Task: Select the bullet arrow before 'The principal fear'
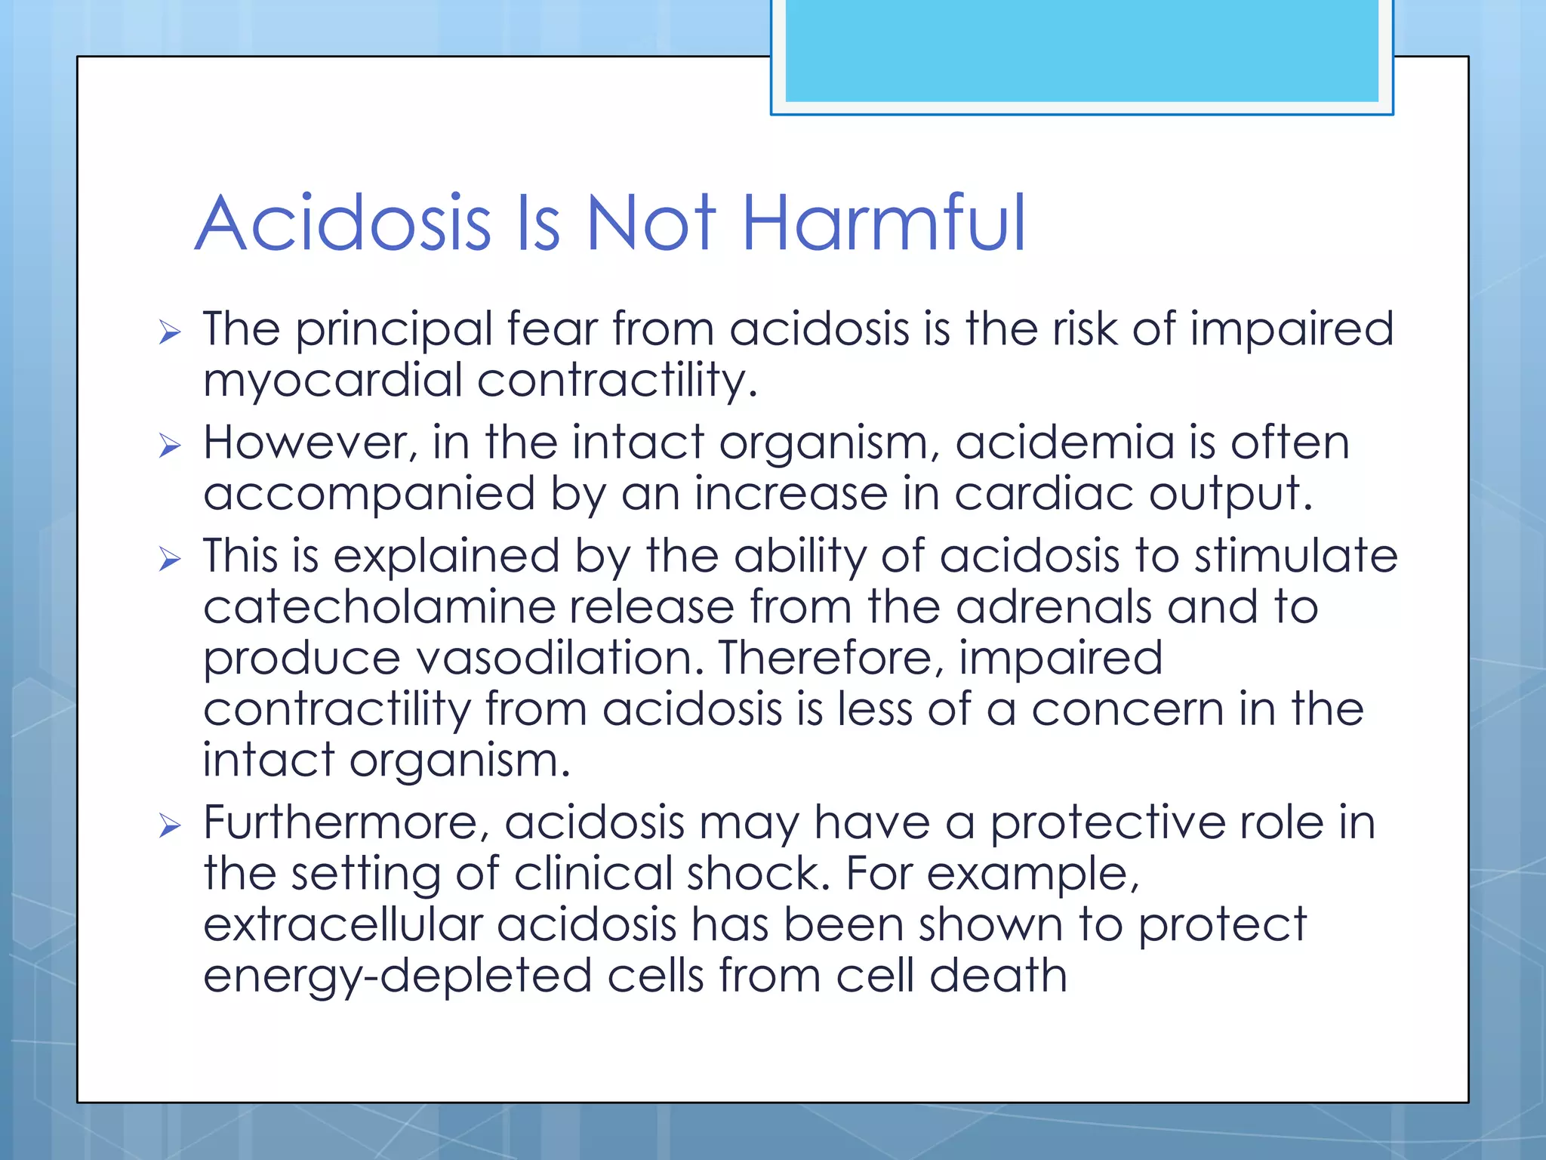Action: (x=170, y=332)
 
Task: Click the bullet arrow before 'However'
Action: (x=170, y=446)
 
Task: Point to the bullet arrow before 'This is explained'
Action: (x=170, y=560)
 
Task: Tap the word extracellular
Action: (x=343, y=925)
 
